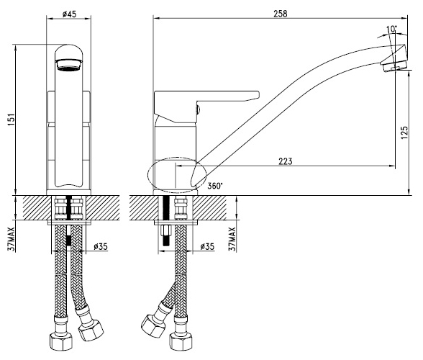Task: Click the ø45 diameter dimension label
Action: [69, 14]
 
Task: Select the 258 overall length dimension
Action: [281, 14]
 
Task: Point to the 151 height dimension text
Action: [12, 120]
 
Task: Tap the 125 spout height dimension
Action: [404, 132]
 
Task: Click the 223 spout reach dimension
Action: [286, 161]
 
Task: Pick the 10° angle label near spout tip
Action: [391, 29]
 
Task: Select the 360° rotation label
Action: [215, 186]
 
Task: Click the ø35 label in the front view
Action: [101, 246]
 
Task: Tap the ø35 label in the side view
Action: [207, 246]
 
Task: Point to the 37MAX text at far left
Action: [11, 239]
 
